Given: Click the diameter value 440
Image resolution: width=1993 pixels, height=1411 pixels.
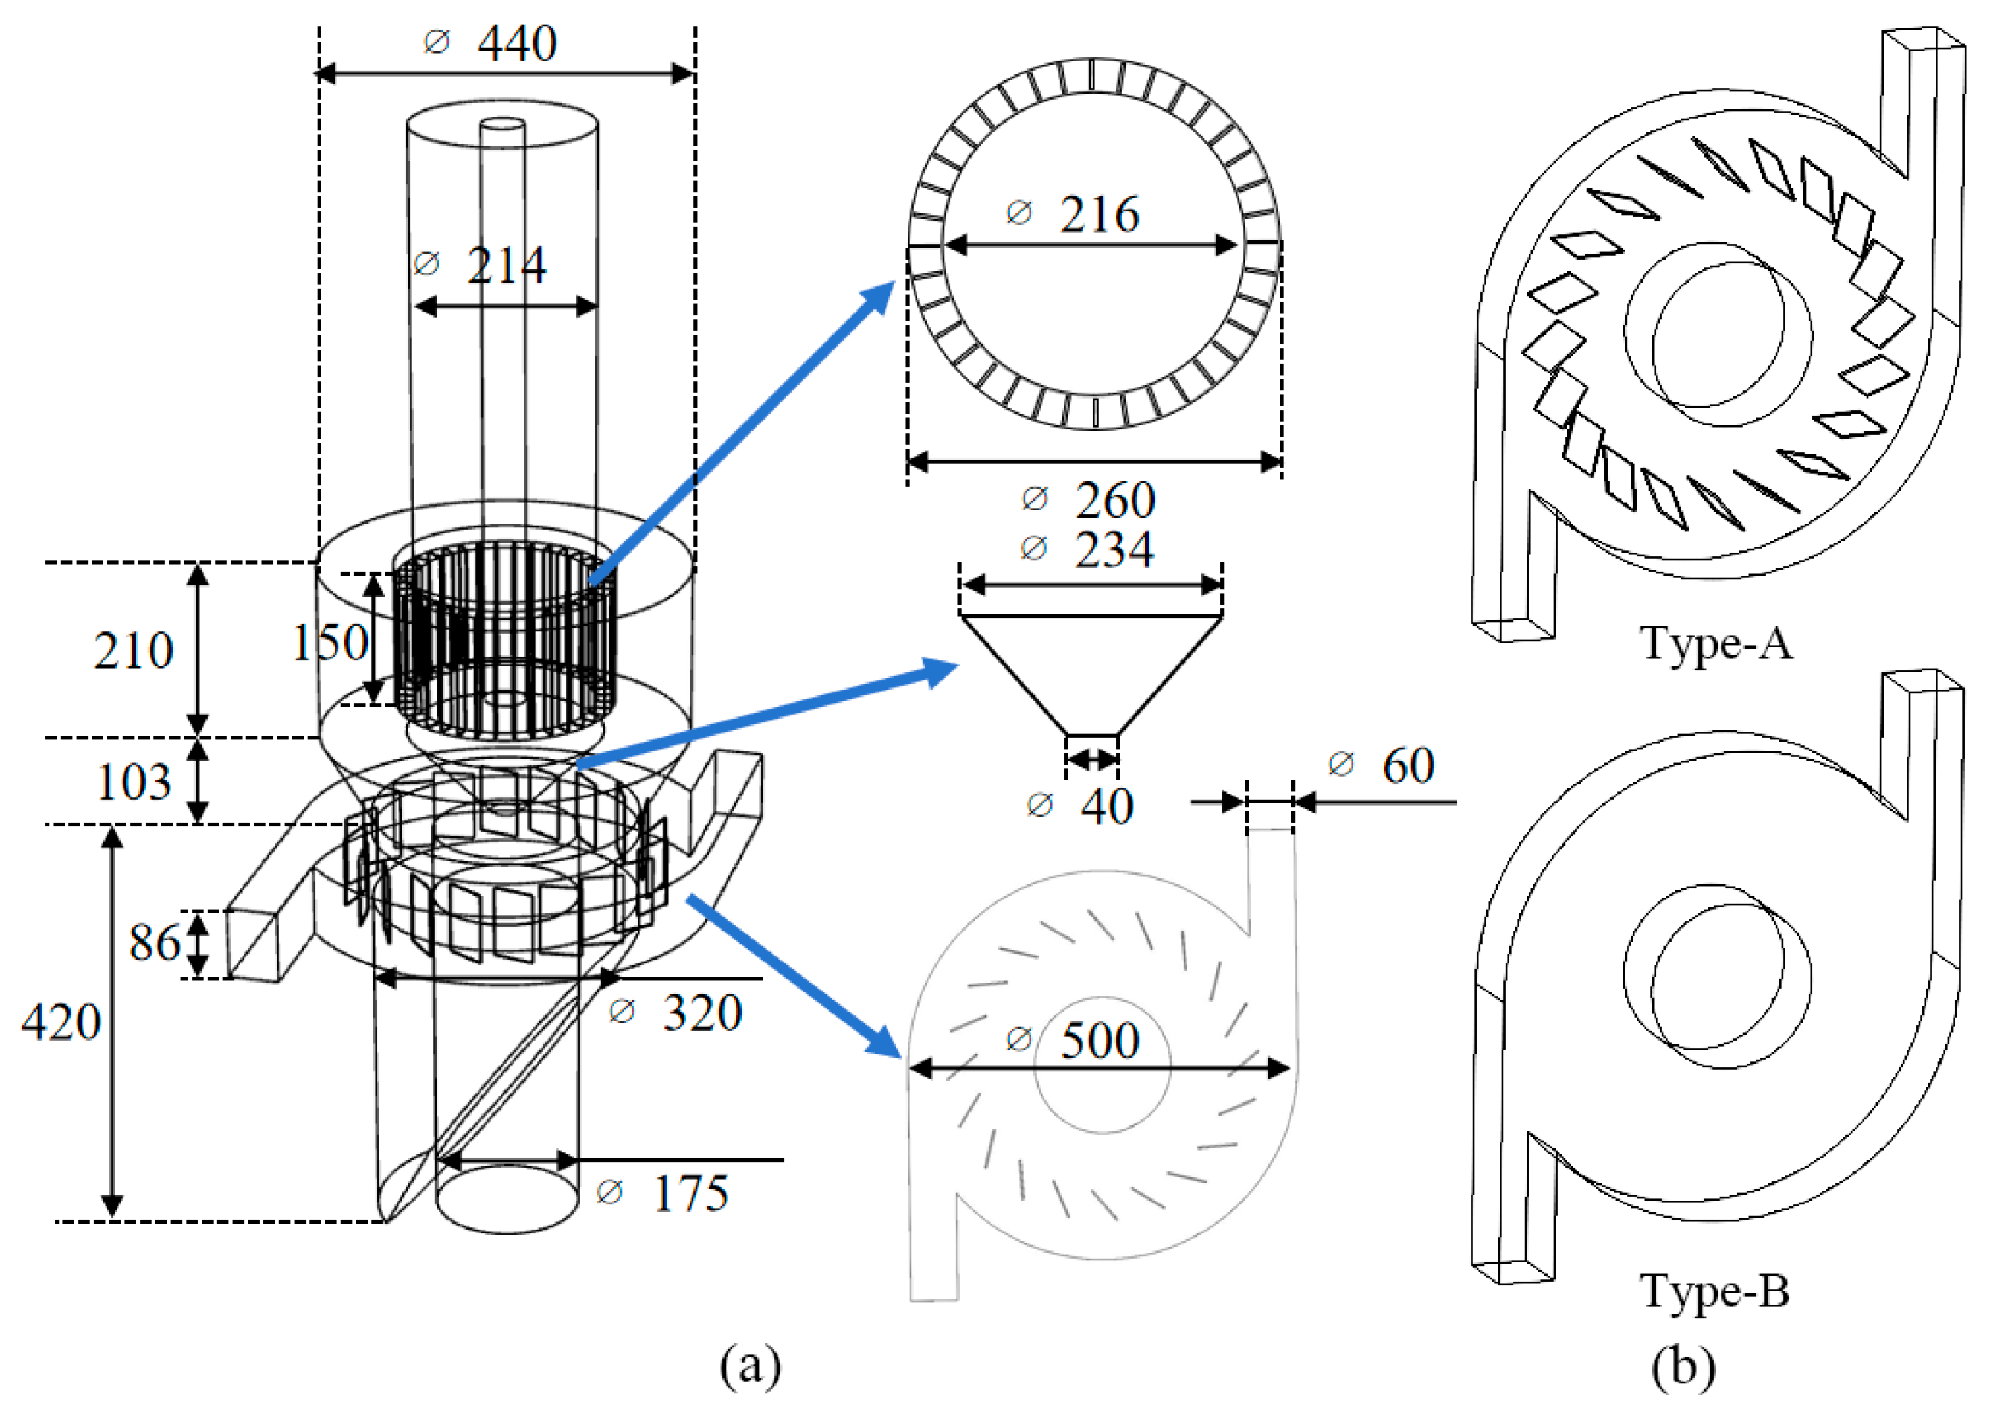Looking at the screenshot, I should pyautogui.click(x=516, y=42).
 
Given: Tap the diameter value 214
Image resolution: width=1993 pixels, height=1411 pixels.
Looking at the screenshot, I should pyautogui.click(x=506, y=265).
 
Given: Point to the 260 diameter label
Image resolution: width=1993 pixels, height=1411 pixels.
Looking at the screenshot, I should pyautogui.click(x=1114, y=500).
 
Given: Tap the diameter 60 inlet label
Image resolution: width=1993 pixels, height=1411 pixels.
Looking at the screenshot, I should pyautogui.click(x=1407, y=765).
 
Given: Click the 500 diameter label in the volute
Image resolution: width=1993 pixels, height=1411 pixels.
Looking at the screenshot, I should pyautogui.click(x=1098, y=1040).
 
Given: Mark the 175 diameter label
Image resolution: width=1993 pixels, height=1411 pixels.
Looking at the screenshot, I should pyautogui.click(x=690, y=1193).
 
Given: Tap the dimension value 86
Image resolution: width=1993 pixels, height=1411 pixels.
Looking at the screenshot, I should pyautogui.click(x=155, y=942).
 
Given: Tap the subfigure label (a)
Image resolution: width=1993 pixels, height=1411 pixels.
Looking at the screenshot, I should pyautogui.click(x=750, y=1365).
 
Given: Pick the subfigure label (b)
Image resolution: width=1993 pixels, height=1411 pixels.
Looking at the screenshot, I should pyautogui.click(x=1683, y=1365).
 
